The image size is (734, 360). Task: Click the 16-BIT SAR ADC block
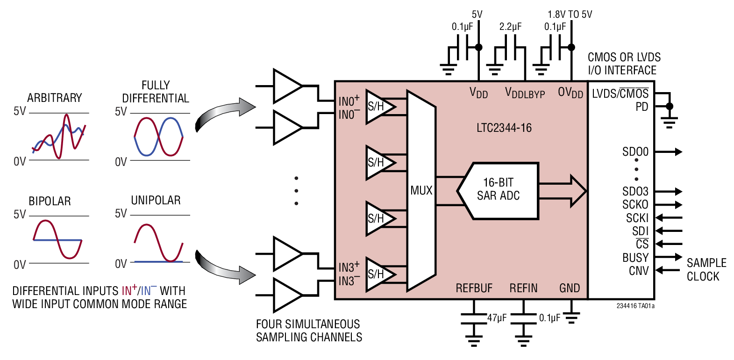tap(499, 190)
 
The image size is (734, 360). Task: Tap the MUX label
tap(421, 190)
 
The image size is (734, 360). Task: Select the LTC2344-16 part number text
tap(504, 128)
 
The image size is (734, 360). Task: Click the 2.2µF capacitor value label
tap(510, 27)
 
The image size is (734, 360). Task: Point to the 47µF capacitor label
tap(497, 318)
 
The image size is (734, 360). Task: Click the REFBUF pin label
tap(474, 288)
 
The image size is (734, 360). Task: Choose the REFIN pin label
tap(523, 288)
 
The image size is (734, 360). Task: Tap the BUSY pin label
tap(635, 258)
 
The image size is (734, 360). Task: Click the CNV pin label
tap(638, 271)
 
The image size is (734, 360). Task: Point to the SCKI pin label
tap(637, 218)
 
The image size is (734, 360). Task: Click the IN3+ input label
tap(349, 267)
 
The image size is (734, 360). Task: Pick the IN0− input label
tap(349, 115)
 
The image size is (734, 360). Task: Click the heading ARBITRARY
tap(54, 98)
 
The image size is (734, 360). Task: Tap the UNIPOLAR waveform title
tap(156, 200)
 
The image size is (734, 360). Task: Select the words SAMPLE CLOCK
tap(706, 269)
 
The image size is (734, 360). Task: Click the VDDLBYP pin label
tap(525, 93)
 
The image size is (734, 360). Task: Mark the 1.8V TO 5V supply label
tap(570, 14)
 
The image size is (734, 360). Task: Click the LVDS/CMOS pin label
tap(620, 94)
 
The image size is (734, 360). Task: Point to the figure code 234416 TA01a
tap(635, 306)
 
